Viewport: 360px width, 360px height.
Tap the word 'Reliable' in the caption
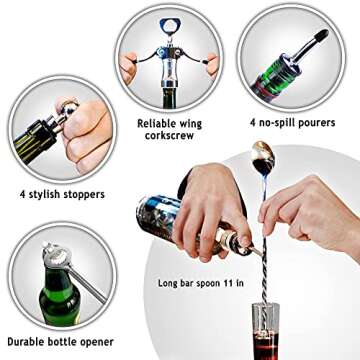click(x=161, y=123)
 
